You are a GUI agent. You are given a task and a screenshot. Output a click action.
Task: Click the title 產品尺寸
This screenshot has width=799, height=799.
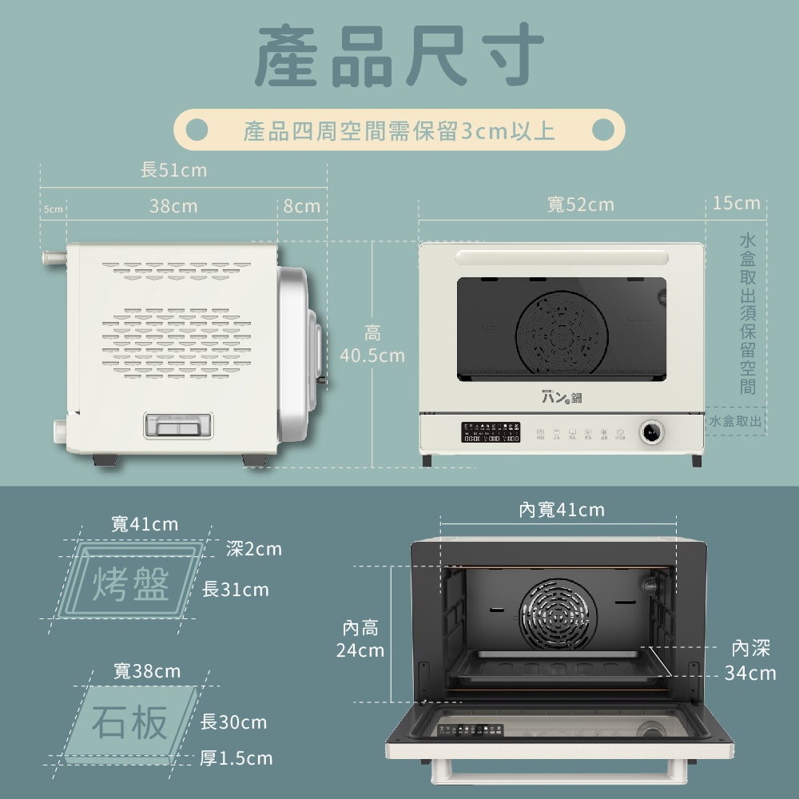click(399, 58)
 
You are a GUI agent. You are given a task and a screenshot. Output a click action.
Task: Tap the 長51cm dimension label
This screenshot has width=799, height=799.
click(173, 170)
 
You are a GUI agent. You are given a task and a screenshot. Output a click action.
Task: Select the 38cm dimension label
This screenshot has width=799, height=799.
click(173, 206)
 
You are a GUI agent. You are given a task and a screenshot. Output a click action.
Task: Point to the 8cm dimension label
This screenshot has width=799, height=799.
click(301, 206)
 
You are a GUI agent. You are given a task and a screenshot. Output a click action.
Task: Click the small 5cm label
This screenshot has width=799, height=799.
click(53, 209)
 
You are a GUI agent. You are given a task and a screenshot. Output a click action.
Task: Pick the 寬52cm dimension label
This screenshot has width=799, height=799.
click(581, 205)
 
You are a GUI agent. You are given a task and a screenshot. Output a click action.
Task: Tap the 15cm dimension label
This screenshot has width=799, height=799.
click(737, 203)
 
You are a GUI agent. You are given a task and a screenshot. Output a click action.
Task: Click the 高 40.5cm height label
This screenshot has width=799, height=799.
click(372, 344)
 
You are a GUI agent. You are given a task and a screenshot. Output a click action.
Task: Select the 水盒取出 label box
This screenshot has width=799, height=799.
click(735, 421)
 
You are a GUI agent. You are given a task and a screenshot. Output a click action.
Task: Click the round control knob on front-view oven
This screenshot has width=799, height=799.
click(650, 433)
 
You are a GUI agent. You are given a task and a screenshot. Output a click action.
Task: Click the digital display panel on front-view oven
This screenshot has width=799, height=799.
click(491, 432)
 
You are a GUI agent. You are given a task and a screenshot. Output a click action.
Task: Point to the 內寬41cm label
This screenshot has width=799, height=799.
click(562, 510)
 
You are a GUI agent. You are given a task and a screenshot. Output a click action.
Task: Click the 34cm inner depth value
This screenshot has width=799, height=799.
click(750, 673)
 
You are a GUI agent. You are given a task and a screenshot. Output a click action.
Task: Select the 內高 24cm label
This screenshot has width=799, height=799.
click(360, 639)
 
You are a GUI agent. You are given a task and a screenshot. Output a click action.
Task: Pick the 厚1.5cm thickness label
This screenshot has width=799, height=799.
click(236, 757)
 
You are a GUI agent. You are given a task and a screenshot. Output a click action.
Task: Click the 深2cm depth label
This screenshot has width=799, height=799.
click(253, 549)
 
